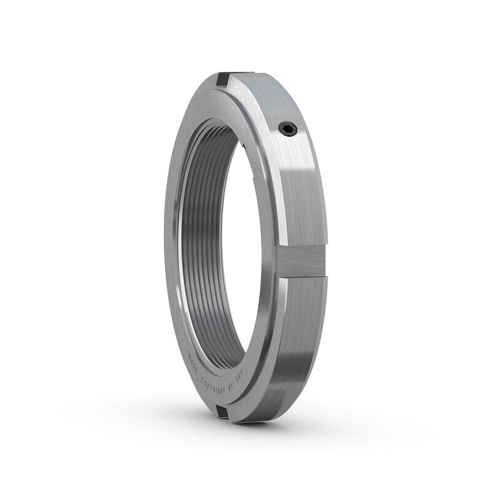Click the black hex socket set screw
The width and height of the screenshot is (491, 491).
click(x=287, y=128)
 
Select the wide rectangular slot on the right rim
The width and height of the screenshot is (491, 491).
click(x=302, y=260)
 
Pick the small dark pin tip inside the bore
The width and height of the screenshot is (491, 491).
click(x=244, y=147)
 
